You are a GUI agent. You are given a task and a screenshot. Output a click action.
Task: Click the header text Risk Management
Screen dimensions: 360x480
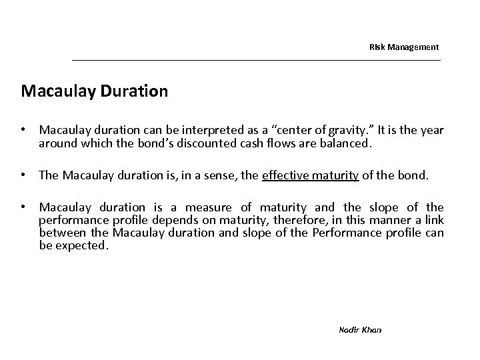tap(404, 47)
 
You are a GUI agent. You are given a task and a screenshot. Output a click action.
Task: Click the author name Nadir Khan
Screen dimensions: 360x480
tap(360, 329)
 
